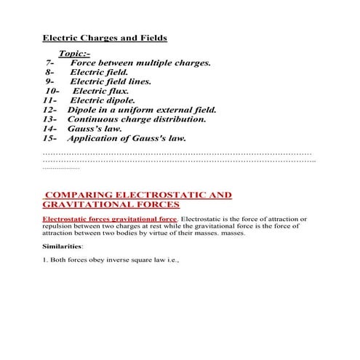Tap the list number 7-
(50, 63)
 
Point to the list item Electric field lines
(111, 82)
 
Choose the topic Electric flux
(100, 92)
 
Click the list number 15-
(50, 137)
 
